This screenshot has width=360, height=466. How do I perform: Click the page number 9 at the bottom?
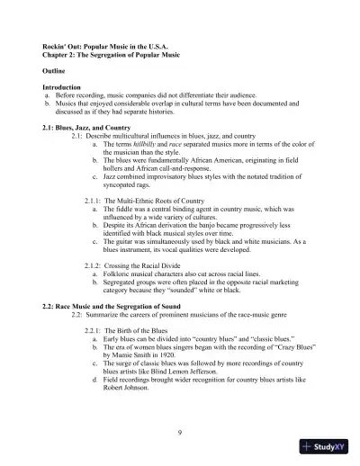[x=180, y=435]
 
